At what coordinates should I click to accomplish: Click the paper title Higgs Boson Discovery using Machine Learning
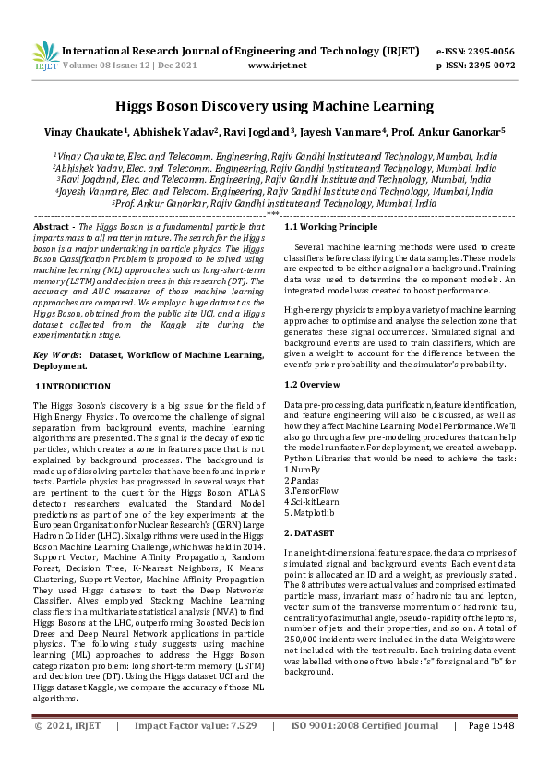[274, 106]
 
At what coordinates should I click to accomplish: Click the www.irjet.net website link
[277, 66]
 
